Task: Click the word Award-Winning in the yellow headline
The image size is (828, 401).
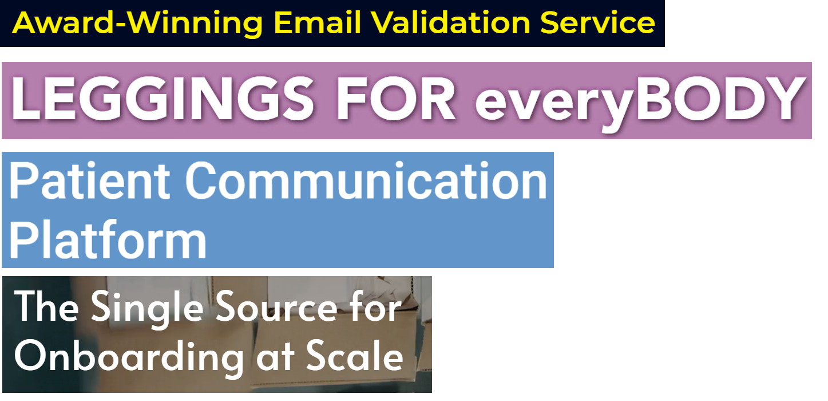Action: click(137, 23)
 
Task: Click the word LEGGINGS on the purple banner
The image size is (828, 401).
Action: click(163, 99)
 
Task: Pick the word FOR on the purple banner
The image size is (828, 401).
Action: click(395, 99)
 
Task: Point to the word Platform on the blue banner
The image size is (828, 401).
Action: click(108, 239)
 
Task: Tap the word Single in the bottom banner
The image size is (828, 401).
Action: click(147, 309)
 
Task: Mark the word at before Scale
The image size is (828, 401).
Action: click(275, 357)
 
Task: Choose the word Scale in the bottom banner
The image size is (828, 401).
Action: click(355, 355)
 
